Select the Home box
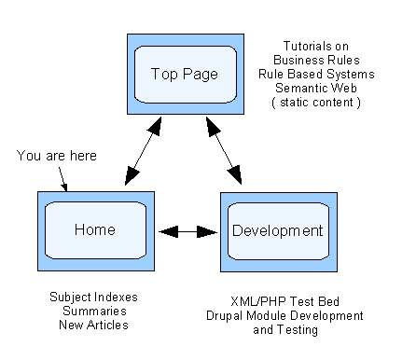(x=92, y=228)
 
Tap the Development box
(x=276, y=229)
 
